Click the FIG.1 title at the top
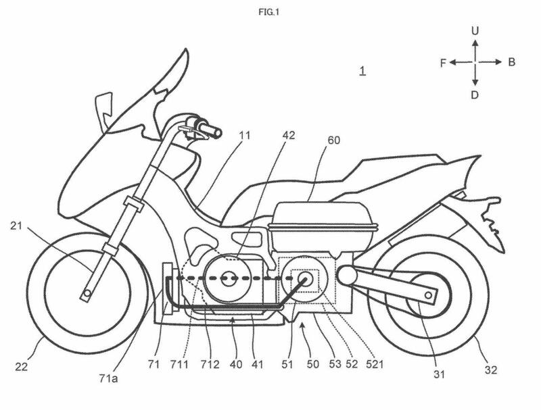pyautogui.click(x=270, y=11)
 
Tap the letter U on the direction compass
pyautogui.click(x=475, y=31)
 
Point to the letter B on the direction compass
pyautogui.click(x=511, y=62)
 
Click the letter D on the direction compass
pyautogui.click(x=475, y=95)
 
